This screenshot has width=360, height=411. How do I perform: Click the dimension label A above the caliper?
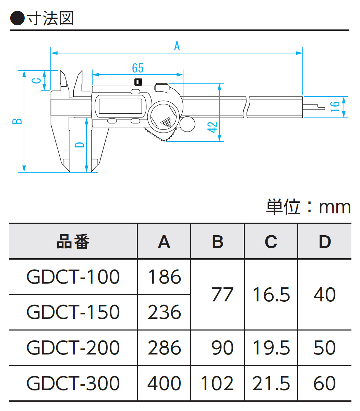click(177, 46)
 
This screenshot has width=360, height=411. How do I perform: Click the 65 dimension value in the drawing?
click(137, 68)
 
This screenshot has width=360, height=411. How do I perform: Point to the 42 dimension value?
click(213, 127)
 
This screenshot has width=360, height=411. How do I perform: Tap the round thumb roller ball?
click(187, 124)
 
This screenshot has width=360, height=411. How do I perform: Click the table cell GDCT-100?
click(73, 277)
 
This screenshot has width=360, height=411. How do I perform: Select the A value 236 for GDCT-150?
click(164, 312)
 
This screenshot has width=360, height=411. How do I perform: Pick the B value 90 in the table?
click(223, 348)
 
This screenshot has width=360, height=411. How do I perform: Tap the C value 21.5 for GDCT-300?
click(271, 383)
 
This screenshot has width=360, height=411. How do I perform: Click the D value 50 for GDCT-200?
click(324, 348)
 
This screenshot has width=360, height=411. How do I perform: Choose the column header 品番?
click(73, 242)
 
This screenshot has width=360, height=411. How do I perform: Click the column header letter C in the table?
click(271, 242)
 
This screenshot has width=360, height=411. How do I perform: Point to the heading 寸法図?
click(50, 18)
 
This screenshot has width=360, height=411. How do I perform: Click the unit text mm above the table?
click(335, 207)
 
